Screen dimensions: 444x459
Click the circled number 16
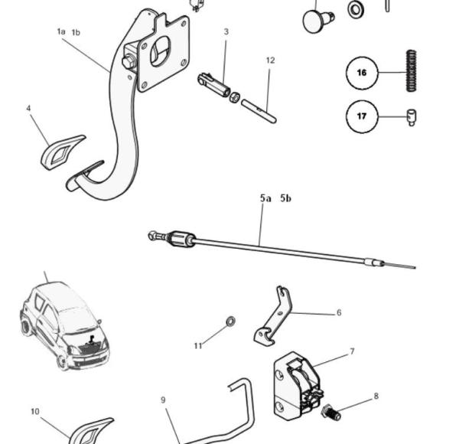click(363, 73)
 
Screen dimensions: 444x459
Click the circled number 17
click(363, 117)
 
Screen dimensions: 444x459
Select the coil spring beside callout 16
click(412, 71)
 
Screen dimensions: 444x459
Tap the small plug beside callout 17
click(411, 118)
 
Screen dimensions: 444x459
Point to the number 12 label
click(270, 60)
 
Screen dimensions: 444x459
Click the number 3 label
click(226, 31)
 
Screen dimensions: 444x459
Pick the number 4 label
click(28, 109)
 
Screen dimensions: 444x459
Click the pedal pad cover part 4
click(62, 152)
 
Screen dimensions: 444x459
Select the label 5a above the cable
click(265, 198)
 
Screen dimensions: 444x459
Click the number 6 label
click(339, 312)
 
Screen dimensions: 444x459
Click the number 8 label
click(376, 396)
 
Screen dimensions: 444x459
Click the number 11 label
click(198, 346)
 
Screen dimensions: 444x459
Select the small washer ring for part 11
click(231, 321)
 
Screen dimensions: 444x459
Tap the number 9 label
click(163, 400)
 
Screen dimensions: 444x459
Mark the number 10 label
click(35, 412)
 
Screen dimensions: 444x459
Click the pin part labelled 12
click(259, 109)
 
